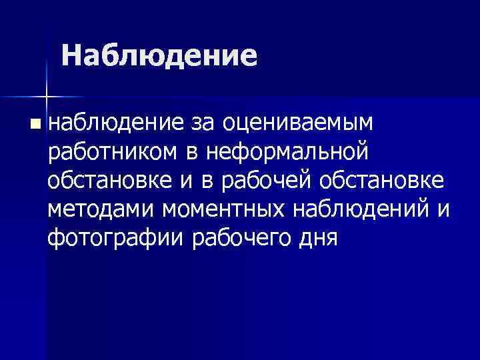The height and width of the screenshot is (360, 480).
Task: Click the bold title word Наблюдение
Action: tap(159, 56)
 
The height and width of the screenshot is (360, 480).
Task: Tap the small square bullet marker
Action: tap(35, 123)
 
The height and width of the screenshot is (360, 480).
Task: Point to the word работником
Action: tap(114, 152)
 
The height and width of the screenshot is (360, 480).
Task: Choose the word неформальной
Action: tap(287, 152)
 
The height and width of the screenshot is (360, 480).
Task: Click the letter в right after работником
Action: tap(191, 152)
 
